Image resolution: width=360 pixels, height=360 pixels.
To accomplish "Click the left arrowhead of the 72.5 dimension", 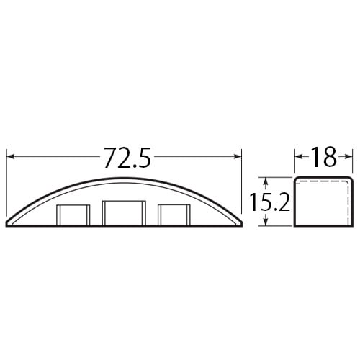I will (10, 157).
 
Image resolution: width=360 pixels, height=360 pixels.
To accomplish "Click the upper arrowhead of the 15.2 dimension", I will (267, 181).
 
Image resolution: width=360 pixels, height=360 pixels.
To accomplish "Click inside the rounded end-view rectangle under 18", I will (324, 203).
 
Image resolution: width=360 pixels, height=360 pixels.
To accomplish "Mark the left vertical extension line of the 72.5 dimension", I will (6, 180).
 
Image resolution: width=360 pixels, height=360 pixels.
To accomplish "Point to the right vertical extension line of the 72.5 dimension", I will (242, 180).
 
